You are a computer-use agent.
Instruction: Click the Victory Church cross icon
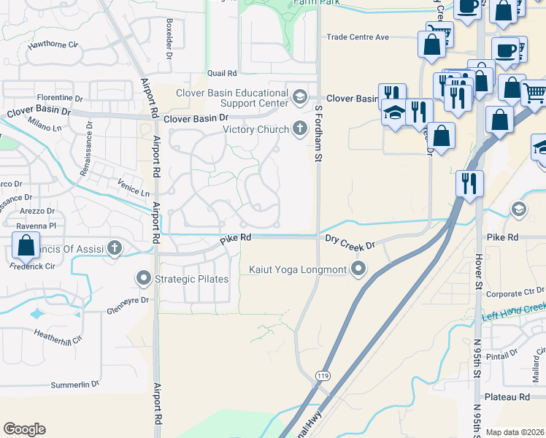[x=299, y=130]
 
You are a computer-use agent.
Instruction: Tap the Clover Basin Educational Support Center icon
[x=299, y=96]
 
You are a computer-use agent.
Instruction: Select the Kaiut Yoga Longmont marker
[x=358, y=270]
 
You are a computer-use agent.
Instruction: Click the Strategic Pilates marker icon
[x=143, y=279]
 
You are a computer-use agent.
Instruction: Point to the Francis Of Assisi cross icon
[x=114, y=249]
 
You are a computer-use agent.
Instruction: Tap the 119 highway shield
[x=321, y=375]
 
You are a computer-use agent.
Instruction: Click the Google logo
[x=24, y=429]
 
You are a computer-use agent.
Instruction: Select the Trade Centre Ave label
[x=358, y=36]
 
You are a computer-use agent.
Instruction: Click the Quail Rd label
[x=223, y=73]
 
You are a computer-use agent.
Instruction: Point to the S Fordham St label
[x=318, y=133]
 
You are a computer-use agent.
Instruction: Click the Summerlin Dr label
[x=74, y=385]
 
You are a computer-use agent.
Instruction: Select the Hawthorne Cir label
[x=53, y=45]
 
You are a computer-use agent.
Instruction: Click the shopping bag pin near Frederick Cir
[x=26, y=246]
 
